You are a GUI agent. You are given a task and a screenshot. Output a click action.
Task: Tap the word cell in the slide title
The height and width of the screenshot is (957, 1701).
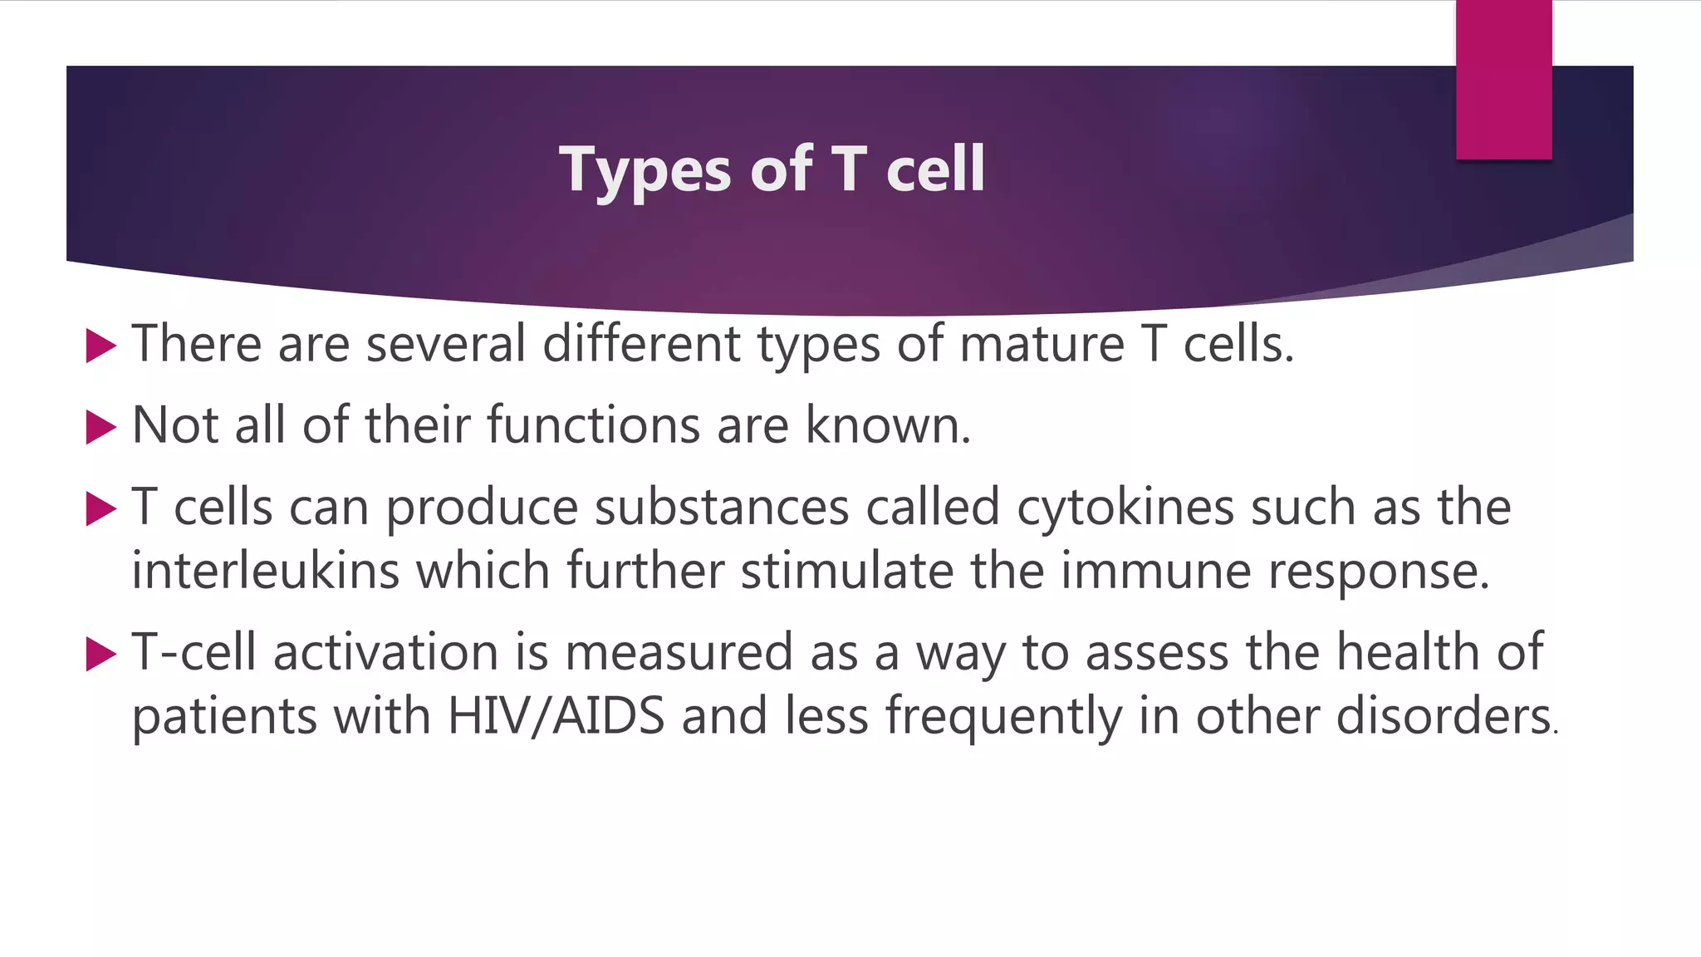[935, 169]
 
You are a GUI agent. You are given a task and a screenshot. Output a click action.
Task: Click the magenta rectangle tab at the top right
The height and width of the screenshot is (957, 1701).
[1503, 80]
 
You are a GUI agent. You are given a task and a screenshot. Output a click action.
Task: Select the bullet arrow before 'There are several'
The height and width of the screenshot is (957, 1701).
[100, 346]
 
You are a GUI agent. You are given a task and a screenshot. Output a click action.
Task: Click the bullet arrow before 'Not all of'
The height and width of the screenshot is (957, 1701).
[100, 427]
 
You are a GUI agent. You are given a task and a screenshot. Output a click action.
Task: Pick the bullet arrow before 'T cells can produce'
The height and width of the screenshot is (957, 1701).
[100, 508]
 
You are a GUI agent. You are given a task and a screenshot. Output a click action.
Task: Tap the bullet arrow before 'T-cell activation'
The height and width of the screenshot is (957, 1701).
[100, 654]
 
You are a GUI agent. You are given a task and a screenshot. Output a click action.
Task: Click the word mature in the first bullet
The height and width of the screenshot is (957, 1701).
[1042, 344]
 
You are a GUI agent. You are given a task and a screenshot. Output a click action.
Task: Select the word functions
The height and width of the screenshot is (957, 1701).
[593, 425]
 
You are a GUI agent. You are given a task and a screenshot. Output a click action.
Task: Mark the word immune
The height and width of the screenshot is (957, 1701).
[1155, 572]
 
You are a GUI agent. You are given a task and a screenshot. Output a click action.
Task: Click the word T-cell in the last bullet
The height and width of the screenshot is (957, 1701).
[194, 652]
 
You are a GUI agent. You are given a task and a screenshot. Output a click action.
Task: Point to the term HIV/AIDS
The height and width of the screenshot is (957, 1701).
[556, 716]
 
